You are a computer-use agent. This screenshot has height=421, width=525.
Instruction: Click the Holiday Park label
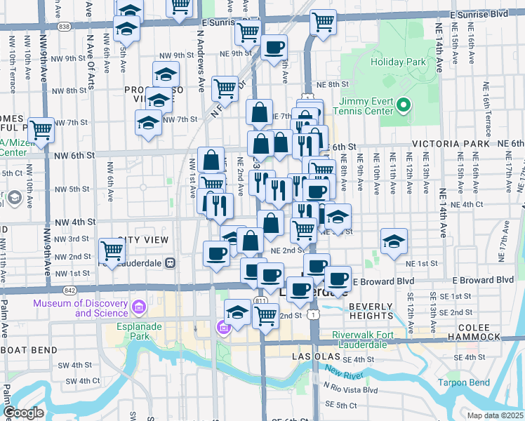[398, 62]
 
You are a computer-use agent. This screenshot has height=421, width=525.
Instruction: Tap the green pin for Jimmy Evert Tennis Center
[403, 107]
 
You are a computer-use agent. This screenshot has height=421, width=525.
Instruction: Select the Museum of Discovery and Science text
[83, 307]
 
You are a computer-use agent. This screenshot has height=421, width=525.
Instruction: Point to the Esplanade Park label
[131, 330]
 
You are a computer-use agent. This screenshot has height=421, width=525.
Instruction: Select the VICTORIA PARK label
[450, 143]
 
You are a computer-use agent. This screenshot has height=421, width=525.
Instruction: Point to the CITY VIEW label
[143, 241]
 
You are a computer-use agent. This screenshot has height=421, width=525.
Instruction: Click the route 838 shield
[65, 27]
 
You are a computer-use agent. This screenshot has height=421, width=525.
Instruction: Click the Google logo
[23, 412]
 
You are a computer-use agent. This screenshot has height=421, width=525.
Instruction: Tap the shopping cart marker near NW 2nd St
[112, 249]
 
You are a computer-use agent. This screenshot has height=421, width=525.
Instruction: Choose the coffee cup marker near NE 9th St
[274, 48]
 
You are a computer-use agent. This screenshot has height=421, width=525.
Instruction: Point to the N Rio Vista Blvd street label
[350, 389]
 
